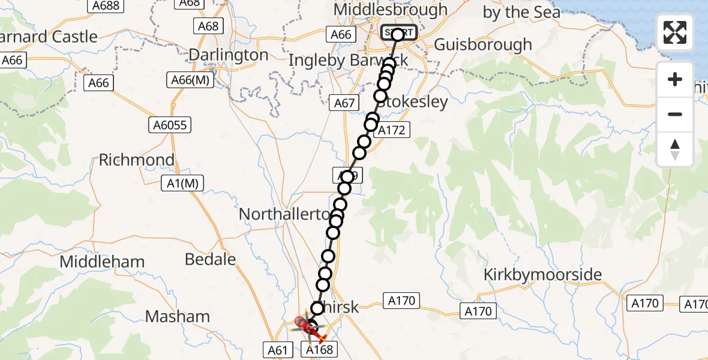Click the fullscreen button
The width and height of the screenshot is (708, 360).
tap(675, 32)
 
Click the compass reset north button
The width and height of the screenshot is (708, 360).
tap(675, 149)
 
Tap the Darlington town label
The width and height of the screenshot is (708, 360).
tap(229, 55)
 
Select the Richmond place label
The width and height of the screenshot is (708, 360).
tap(136, 160)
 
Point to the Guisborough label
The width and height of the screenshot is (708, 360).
tap(482, 45)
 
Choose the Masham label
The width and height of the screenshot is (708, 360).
tap(178, 317)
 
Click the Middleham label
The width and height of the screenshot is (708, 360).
tap(102, 262)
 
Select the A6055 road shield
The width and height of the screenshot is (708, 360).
tap(170, 125)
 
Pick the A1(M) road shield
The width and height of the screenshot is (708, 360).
tap(183, 184)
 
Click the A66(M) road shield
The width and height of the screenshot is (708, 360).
tap(190, 80)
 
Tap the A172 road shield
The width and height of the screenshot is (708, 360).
tap(392, 130)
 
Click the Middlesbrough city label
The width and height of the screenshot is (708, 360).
tap(391, 10)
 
